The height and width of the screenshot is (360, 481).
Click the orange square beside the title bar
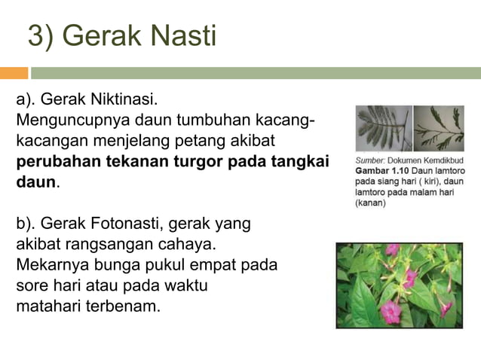click(x=14, y=73)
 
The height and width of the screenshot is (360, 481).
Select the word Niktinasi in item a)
click(x=122, y=99)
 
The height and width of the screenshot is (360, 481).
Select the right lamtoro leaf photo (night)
click(x=440, y=128)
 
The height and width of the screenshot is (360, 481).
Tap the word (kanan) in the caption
click(x=371, y=203)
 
